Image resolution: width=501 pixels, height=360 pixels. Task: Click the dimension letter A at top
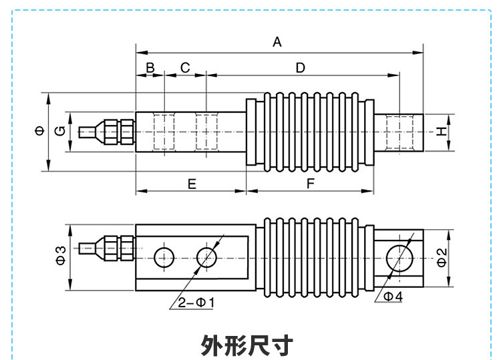(x=277, y=42)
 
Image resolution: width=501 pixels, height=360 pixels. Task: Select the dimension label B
(x=150, y=67)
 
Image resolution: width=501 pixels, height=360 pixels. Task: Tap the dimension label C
(x=186, y=67)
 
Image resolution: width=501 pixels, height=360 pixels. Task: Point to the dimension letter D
(x=301, y=67)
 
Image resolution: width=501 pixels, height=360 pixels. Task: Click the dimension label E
(x=192, y=184)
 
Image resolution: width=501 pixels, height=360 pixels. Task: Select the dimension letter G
(x=59, y=131)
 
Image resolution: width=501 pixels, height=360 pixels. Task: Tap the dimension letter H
(x=441, y=132)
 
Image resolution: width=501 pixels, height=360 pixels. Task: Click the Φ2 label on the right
(x=440, y=256)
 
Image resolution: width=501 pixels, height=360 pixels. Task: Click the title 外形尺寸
(x=247, y=345)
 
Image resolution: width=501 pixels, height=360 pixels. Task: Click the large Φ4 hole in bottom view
(x=399, y=256)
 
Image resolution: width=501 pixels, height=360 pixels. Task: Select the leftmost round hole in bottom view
(x=164, y=256)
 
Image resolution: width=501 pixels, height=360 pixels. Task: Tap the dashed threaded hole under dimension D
(x=399, y=132)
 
